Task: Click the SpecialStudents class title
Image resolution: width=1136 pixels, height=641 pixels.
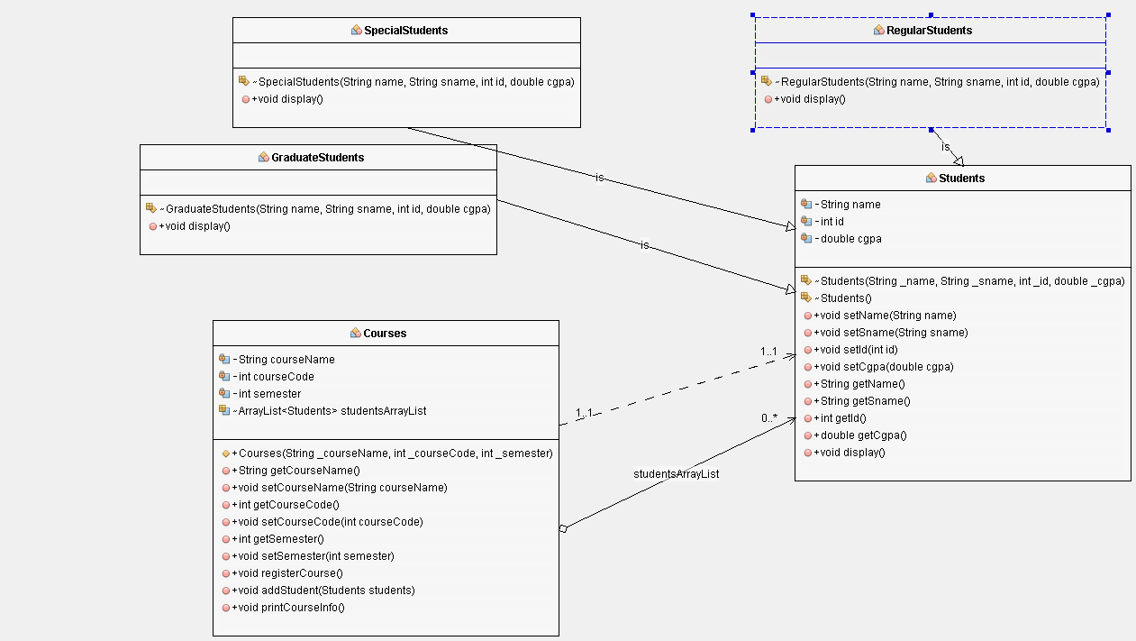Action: (405, 30)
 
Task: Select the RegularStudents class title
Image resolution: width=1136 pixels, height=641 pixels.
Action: (929, 30)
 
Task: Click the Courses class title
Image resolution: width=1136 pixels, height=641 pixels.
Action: (385, 333)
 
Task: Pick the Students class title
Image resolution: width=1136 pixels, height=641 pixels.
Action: (961, 178)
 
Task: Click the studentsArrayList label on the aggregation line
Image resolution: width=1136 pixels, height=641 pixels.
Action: (676, 473)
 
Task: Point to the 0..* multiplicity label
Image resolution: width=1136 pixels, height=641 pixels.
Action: (768, 418)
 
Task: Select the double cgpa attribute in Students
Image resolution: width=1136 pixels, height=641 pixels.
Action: (850, 239)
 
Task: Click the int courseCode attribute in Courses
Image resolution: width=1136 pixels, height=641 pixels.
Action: (276, 376)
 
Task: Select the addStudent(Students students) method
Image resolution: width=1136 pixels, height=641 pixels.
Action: (323, 590)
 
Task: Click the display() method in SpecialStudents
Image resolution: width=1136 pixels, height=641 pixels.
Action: (290, 98)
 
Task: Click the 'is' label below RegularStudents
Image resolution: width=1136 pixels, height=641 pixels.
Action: (945, 147)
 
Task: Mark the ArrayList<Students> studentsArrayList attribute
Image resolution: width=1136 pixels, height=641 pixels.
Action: (332, 410)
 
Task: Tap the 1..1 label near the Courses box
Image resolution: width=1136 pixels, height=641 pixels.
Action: (585, 413)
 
